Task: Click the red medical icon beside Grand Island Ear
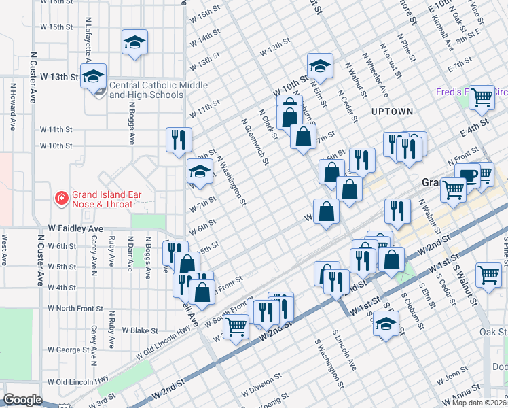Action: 61,199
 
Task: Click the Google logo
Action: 22,400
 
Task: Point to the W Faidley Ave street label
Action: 75,229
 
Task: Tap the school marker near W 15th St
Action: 134,43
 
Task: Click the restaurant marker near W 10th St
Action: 179,139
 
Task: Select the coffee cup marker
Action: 467,175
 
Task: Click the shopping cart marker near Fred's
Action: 482,97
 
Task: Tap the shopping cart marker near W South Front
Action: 236,326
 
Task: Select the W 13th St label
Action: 60,77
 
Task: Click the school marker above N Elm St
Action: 319,66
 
